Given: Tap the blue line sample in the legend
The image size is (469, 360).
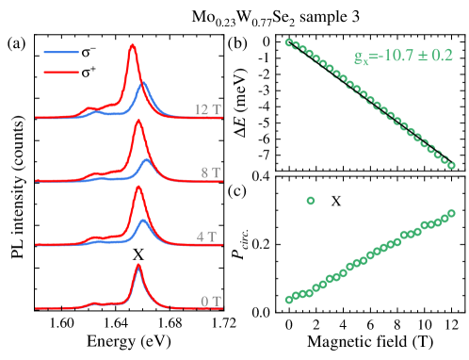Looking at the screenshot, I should coord(61,53).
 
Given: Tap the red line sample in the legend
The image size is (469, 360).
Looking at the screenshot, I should coord(61,71).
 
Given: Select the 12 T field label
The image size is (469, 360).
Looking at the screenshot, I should coord(207,108).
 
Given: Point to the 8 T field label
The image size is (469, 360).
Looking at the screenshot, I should coord(210,172).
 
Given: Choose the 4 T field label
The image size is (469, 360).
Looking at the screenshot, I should coord(210,236).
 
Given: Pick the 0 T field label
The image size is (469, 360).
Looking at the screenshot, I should coord(210,302).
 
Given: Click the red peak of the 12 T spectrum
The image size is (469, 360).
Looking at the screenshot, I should coord(133,45).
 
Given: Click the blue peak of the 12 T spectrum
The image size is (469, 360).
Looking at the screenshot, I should coord(143,84).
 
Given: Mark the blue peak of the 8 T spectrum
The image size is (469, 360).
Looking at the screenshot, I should coord(145,160).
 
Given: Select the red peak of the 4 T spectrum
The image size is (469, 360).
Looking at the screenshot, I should coord(138,187).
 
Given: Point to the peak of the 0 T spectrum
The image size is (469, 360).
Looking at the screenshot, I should coord(138,267).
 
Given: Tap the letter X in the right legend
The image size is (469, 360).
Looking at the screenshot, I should coord(335,201).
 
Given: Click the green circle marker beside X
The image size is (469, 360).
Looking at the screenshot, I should coord(310,201).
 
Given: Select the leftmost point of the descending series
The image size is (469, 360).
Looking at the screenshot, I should coord(288,41).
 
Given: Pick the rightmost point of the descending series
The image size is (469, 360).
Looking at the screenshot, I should coord(451,165).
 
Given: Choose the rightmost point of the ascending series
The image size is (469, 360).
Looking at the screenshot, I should coord(451,213).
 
